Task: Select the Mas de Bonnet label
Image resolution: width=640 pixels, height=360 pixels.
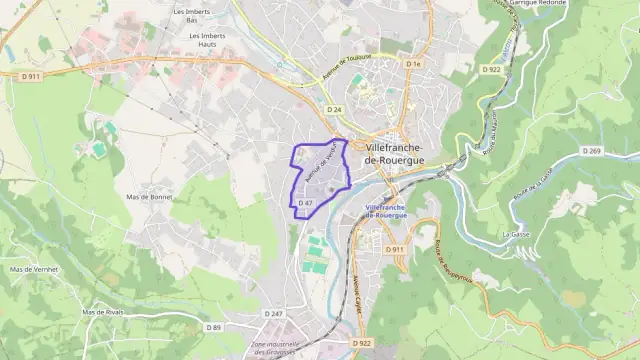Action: (151, 197)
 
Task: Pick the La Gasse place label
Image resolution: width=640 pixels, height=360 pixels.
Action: (516, 233)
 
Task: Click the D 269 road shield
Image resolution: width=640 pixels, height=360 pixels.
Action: (593, 151)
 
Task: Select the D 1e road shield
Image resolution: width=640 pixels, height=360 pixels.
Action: (414, 63)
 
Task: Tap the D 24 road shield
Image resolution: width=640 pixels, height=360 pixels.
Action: (334, 109)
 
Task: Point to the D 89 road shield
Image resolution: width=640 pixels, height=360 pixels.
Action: (214, 327)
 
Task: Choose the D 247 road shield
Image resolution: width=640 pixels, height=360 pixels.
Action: (274, 314)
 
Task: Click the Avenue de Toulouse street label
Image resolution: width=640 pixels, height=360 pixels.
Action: (348, 71)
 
